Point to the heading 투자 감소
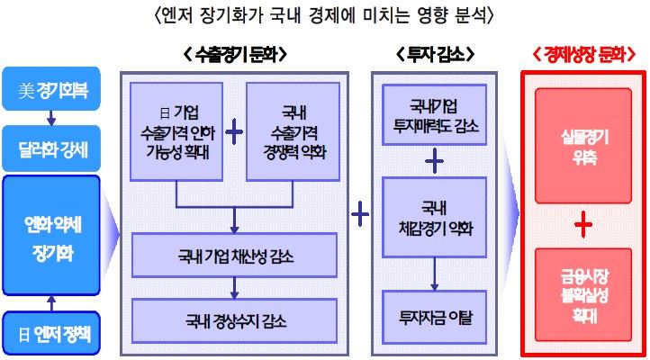(433, 55)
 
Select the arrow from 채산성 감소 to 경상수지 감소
(234, 287)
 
